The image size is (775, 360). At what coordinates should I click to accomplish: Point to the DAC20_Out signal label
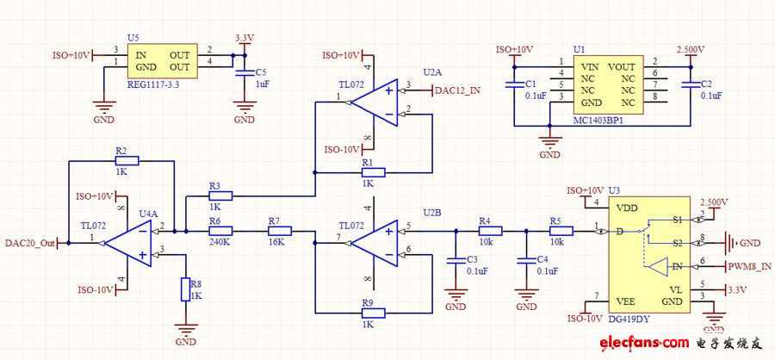(30, 244)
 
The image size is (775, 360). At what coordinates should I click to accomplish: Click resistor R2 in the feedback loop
(121, 160)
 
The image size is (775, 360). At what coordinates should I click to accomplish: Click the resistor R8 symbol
(183, 290)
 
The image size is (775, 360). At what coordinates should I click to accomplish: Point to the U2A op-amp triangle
(375, 101)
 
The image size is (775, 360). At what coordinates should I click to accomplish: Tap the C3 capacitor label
(471, 259)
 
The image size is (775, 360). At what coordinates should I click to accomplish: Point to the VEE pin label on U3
(627, 300)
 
